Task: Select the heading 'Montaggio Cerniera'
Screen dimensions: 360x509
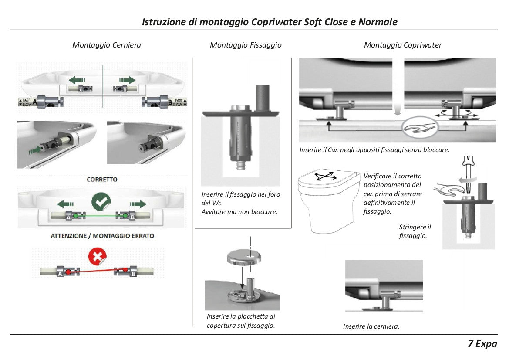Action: pyautogui.click(x=107, y=45)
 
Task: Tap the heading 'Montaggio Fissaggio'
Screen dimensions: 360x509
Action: pyautogui.click(x=246, y=45)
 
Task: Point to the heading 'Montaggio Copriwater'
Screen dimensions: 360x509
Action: pyautogui.click(x=403, y=45)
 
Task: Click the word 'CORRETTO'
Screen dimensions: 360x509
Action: pyautogui.click(x=102, y=179)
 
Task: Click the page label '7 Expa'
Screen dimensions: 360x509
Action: pyautogui.click(x=482, y=343)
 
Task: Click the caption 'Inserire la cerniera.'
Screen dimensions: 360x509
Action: pyautogui.click(x=371, y=326)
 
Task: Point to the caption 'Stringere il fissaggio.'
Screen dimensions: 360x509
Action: pyautogui.click(x=415, y=231)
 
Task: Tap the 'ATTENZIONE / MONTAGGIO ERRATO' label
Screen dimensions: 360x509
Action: pyautogui.click(x=102, y=236)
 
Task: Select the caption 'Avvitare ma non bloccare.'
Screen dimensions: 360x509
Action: pyautogui.click(x=239, y=212)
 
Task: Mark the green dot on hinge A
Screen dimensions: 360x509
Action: pyautogui.click(x=76, y=216)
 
